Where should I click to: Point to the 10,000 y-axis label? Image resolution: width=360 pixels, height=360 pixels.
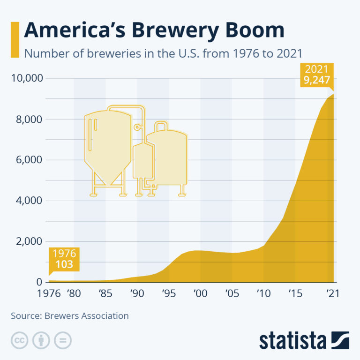[26, 78]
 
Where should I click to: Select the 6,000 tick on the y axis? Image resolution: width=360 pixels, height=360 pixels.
[29, 160]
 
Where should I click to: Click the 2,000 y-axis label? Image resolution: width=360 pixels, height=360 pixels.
[29, 242]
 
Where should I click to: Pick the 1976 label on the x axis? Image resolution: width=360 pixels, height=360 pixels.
[49, 294]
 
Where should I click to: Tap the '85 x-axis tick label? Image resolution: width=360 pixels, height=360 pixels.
[105, 294]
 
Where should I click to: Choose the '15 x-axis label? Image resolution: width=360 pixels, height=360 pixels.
[295, 294]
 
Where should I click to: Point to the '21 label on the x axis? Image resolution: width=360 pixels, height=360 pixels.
[332, 294]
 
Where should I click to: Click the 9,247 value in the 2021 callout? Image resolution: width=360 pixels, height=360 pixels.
[317, 81]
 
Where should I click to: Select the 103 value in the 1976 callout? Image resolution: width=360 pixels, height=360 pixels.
[64, 264]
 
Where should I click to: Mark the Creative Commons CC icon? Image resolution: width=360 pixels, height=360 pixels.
[19, 341]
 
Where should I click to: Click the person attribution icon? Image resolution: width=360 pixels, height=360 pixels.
[41, 341]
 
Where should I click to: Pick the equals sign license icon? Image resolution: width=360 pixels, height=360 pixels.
[62, 341]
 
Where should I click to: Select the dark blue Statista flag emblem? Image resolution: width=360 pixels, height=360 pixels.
[340, 340]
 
